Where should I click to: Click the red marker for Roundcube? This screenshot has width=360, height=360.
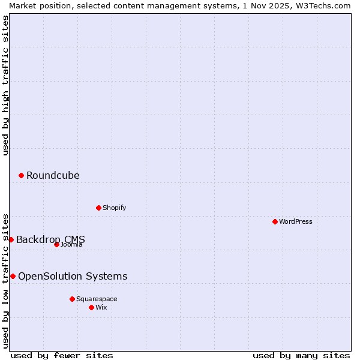click(x=21, y=175)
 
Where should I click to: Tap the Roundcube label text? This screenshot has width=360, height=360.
click(x=53, y=175)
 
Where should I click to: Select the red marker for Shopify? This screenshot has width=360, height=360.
click(x=98, y=208)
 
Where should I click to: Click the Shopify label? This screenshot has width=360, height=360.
click(x=115, y=208)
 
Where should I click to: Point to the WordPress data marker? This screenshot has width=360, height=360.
click(x=275, y=221)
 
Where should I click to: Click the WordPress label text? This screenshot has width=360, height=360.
click(x=296, y=221)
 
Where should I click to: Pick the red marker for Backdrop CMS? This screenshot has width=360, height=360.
click(x=11, y=239)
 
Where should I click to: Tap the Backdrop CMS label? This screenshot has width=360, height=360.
click(x=50, y=239)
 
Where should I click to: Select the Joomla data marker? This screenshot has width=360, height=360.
click(x=56, y=244)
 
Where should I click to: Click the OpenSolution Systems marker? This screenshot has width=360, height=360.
click(x=13, y=276)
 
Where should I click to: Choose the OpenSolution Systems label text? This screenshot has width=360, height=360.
click(x=73, y=276)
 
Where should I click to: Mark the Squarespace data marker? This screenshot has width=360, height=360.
click(x=72, y=299)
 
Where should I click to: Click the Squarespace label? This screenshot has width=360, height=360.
click(x=97, y=299)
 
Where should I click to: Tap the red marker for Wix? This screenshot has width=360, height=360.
click(x=91, y=307)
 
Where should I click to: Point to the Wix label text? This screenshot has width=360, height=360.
click(x=101, y=307)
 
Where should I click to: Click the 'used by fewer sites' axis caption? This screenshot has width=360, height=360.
click(x=62, y=355)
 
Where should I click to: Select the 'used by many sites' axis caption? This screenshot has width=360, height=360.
click(x=301, y=355)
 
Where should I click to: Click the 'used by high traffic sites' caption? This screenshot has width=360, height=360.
click(x=5, y=85)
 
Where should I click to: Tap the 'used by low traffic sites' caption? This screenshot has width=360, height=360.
click(x=5, y=280)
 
